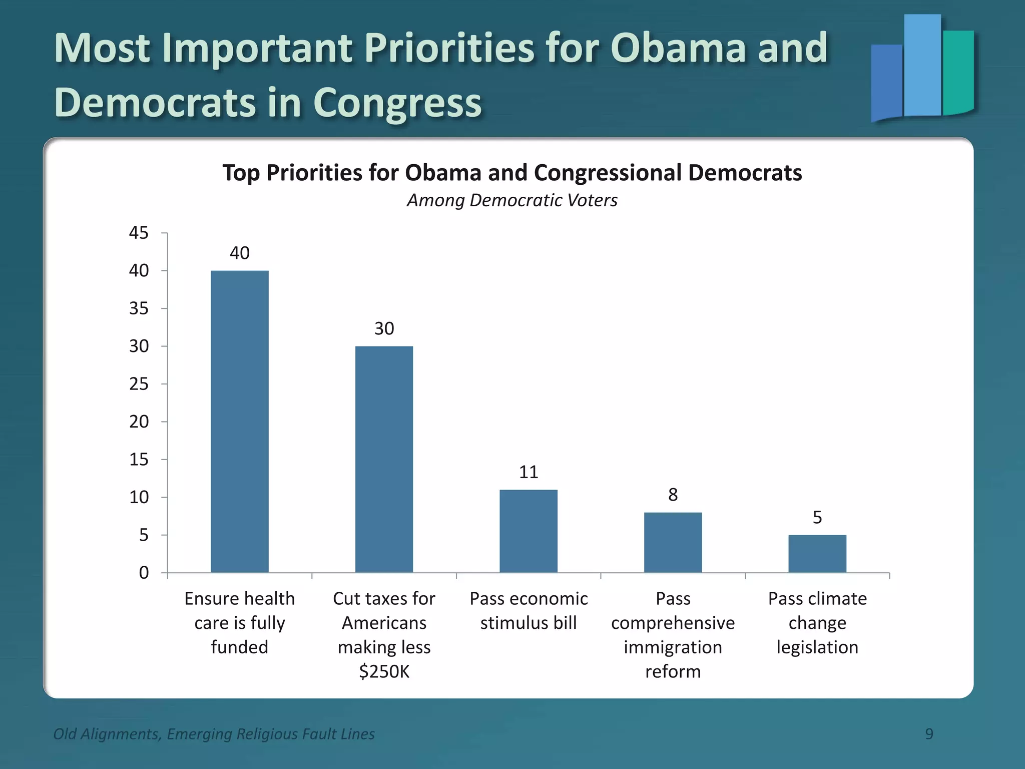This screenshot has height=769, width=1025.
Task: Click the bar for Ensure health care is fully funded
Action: point(239,421)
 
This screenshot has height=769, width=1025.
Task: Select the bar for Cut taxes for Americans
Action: point(384,459)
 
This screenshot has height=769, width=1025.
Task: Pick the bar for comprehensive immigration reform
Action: point(673,542)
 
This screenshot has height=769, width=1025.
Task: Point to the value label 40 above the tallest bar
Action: point(239,253)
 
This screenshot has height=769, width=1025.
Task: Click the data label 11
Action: point(528,472)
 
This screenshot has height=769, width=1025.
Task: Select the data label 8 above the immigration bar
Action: point(673,495)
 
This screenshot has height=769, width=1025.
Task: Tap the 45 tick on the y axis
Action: point(139,233)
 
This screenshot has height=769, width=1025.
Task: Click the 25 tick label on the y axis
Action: point(139,384)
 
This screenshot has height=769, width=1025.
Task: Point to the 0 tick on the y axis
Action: point(144,572)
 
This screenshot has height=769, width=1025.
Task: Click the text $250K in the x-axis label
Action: point(384,671)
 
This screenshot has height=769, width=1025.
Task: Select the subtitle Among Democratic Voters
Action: point(512,200)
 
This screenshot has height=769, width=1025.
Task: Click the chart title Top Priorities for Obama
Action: point(512,173)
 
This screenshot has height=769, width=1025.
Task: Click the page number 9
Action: point(929,734)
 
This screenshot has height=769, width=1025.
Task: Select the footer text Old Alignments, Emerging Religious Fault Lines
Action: point(214,734)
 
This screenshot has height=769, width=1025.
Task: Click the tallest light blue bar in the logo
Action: point(922,65)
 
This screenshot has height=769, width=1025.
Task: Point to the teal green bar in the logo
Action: point(958,73)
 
